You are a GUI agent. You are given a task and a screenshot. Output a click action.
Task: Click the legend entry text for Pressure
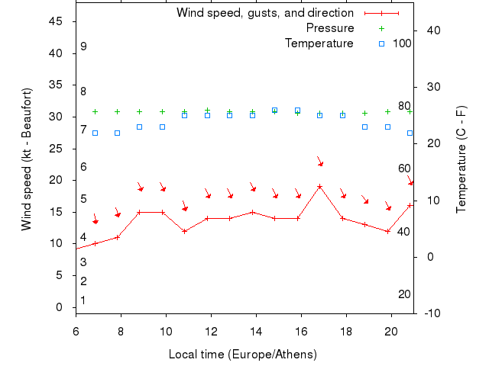click(x=329, y=28)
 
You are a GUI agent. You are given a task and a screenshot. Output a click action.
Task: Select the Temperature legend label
click(x=319, y=43)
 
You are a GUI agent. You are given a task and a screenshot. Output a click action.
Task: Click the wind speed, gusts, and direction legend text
click(x=264, y=13)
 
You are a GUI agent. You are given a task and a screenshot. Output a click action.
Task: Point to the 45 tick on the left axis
click(x=56, y=21)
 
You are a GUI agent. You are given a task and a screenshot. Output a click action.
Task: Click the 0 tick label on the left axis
click(x=60, y=307)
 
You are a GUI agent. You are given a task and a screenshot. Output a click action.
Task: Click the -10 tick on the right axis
click(x=429, y=313)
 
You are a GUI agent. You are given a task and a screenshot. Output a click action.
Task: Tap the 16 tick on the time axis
click(x=301, y=332)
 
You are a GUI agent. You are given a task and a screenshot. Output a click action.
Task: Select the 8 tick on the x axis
click(x=121, y=332)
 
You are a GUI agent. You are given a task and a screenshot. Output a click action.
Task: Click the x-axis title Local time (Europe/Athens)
click(x=242, y=355)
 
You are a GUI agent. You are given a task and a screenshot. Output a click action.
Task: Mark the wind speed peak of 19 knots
click(x=319, y=186)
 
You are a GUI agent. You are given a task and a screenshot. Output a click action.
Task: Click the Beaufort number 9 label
click(x=83, y=47)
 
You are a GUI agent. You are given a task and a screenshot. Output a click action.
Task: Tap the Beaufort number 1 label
click(x=83, y=300)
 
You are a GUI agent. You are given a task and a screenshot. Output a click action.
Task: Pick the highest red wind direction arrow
click(x=320, y=162)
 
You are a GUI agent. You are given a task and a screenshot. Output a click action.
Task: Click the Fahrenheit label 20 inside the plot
click(x=404, y=294)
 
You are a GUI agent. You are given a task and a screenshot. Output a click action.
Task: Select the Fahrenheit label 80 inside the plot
click(x=404, y=106)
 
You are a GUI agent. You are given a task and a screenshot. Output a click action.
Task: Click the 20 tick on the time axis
click(x=391, y=332)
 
